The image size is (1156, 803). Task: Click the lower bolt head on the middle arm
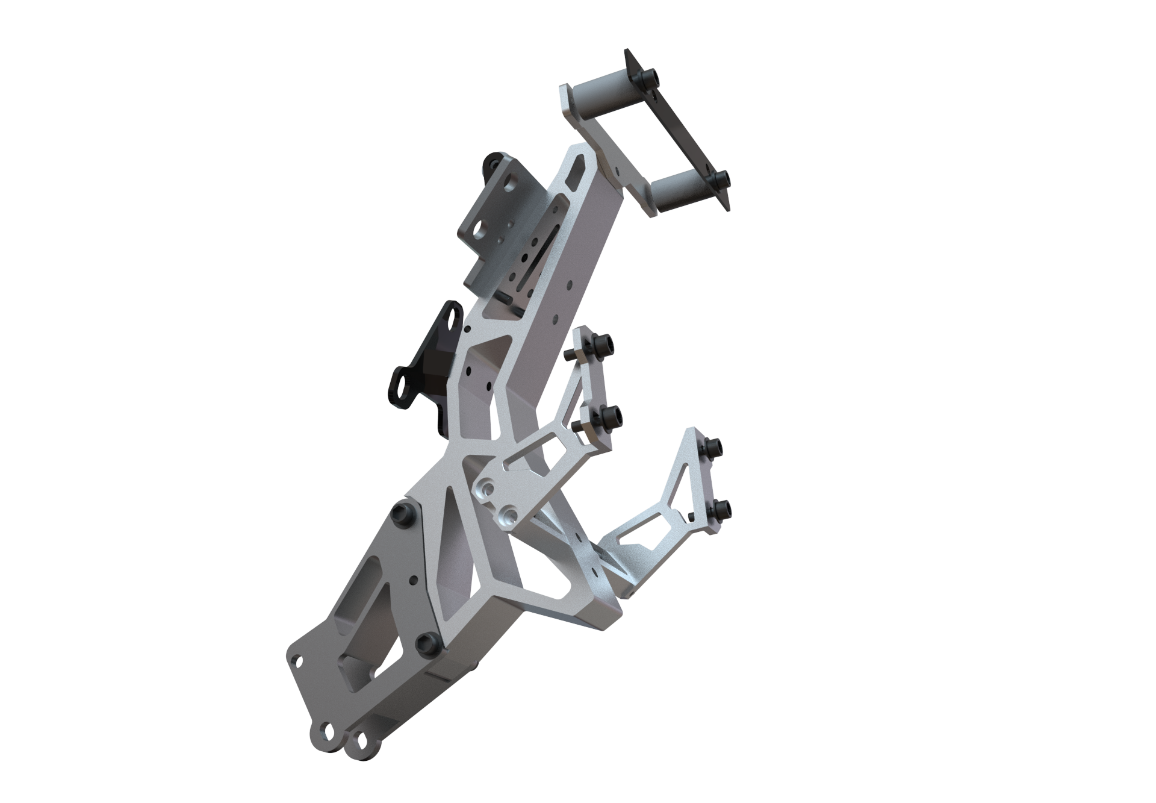point(611,415)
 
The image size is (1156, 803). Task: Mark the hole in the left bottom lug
point(329,731)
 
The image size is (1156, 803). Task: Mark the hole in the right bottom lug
point(361,737)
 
